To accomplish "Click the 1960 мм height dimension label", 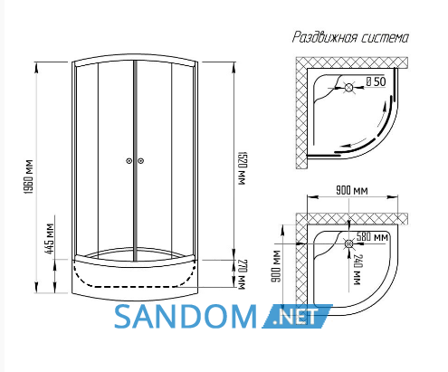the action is pyautogui.click(x=29, y=176).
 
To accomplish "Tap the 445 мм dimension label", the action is pyautogui.click(x=50, y=239).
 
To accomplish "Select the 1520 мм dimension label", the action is pyautogui.click(x=242, y=168).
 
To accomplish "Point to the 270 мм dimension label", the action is pyautogui.click(x=242, y=274).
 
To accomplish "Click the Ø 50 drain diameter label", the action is pyautogui.click(x=376, y=81).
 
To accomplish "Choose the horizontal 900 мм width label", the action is pyautogui.click(x=352, y=191).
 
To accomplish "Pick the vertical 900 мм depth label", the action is pyautogui.click(x=275, y=267).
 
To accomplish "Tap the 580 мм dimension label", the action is pyautogui.click(x=372, y=237).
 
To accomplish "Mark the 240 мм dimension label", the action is pyautogui.click(x=357, y=270).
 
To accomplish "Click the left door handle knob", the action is pyautogui.click(x=129, y=161).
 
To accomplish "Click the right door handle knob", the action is pyautogui.click(x=140, y=161).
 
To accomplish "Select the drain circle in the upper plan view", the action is pyautogui.click(x=348, y=88).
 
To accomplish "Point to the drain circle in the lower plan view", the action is pyautogui.click(x=349, y=243).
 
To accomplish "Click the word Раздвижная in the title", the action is pyautogui.click(x=325, y=37).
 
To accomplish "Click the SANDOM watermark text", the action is pyautogui.click(x=186, y=316).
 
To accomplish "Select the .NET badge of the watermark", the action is pyautogui.click(x=297, y=316).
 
